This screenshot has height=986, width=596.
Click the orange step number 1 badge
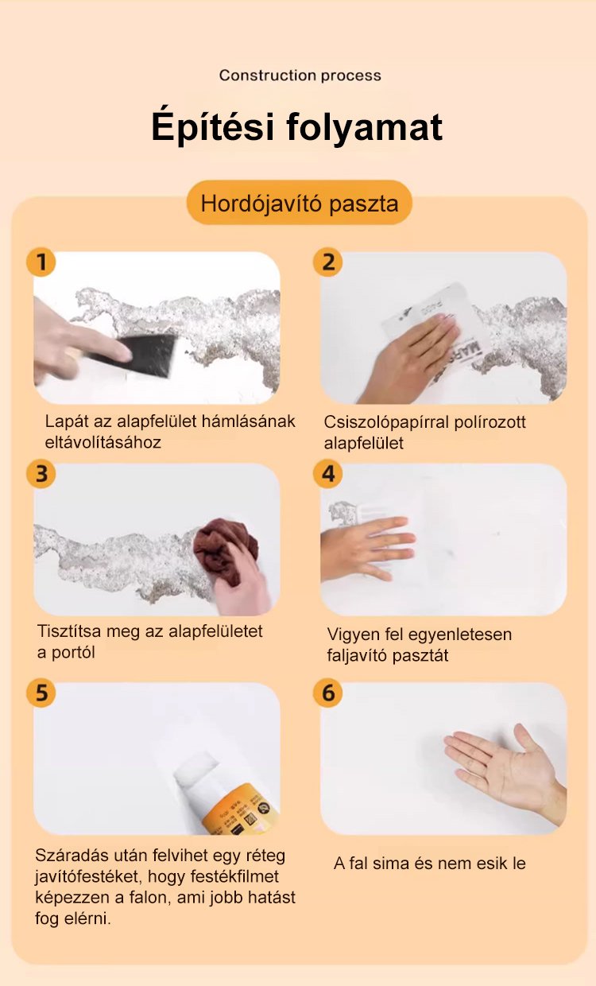pos(41,262)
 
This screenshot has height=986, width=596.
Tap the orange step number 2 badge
pos(327,262)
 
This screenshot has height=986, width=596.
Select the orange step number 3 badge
pos(41,474)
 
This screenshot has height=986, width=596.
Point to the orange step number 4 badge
pos(327,474)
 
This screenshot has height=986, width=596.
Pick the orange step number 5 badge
pos(41,693)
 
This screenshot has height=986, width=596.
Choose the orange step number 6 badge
pos(327,693)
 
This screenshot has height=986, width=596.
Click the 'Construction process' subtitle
pos(300,76)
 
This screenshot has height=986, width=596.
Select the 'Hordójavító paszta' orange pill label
pos(300,203)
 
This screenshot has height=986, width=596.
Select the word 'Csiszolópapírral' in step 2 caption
pos(387,422)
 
